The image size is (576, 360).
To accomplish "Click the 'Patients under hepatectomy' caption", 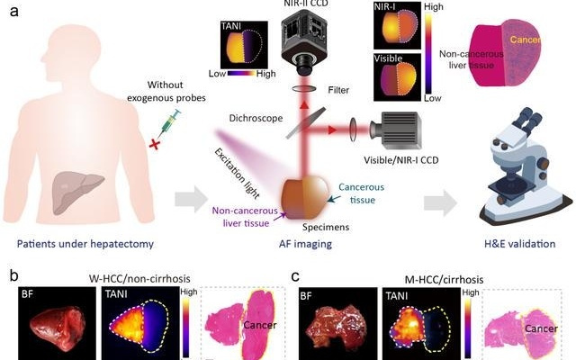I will click(83, 241).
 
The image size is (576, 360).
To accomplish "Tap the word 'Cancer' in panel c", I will click(543, 329).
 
